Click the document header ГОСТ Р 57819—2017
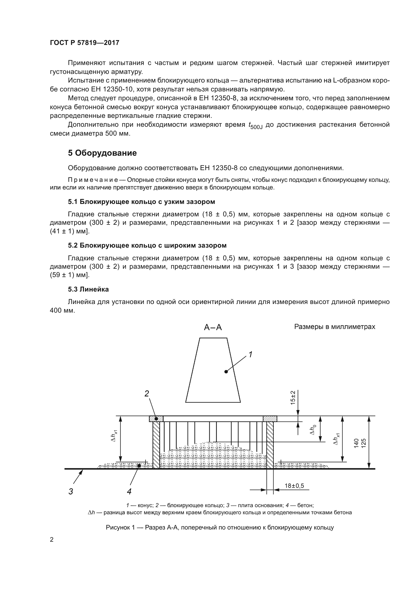84,43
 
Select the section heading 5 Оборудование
102,153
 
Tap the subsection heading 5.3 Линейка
88,289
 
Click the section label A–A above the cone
213,328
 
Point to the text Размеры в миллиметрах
334,327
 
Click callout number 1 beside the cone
250,355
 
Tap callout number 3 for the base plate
71,491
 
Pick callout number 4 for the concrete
129,491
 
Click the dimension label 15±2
293,398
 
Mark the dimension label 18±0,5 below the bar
294,486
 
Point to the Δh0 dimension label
313,430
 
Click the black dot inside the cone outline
226,372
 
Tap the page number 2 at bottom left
52,540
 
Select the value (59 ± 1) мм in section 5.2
69,275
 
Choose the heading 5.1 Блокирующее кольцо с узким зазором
141,202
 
